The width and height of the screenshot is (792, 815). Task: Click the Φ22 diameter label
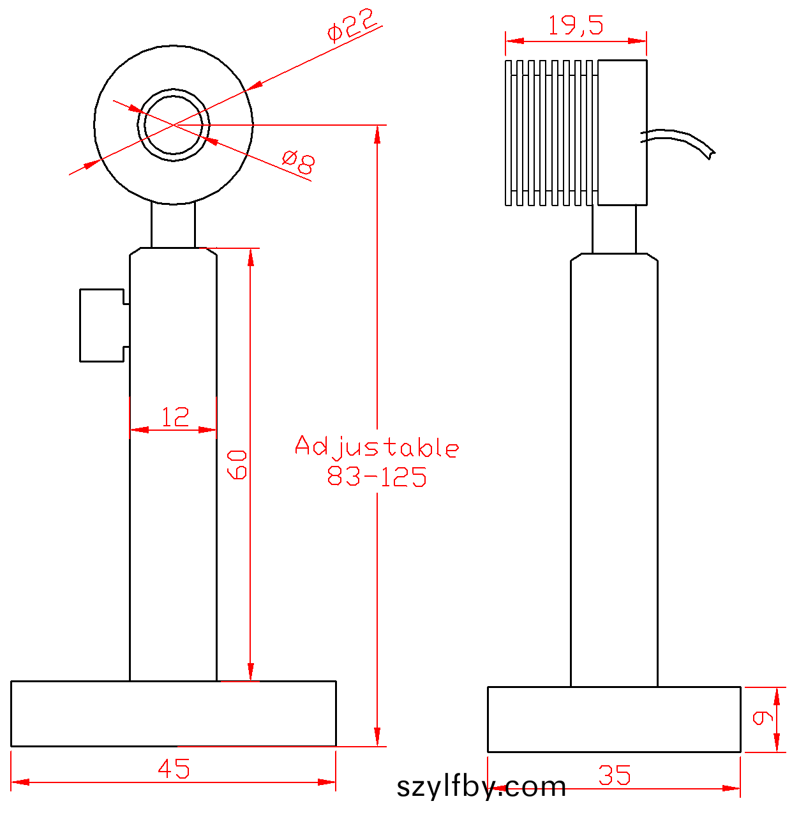click(352, 25)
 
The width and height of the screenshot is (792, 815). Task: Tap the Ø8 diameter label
click(298, 161)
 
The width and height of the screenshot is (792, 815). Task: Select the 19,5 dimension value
click(576, 25)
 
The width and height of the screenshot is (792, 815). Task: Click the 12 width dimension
click(175, 417)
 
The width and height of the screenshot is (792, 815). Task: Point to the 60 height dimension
click(237, 465)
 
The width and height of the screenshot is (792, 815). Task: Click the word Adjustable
click(377, 447)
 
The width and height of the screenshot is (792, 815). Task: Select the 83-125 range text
click(377, 476)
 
